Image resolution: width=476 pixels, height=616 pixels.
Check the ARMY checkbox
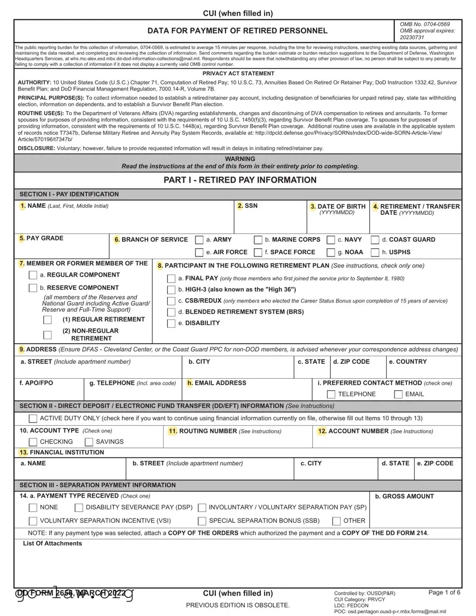tap(199, 240)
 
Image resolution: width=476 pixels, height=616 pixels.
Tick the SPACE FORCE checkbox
tap(258, 253)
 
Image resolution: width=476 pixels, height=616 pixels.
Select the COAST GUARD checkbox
tap(375, 240)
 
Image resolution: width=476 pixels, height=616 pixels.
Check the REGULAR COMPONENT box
tap(33, 275)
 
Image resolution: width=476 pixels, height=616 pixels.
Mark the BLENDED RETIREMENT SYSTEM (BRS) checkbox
tap(171, 312)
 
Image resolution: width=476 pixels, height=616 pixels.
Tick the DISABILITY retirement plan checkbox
tap(171, 323)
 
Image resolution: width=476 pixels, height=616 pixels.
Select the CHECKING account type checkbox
tap(33, 442)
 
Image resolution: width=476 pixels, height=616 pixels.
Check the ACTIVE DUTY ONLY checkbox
tap(33, 419)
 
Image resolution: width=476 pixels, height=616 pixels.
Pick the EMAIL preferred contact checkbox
tap(398, 395)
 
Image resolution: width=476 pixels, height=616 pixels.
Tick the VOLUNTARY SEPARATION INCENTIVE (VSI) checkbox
tap(33, 521)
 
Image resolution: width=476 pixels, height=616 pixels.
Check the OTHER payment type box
tap(337, 521)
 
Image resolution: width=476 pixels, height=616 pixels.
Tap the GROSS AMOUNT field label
tap(404, 497)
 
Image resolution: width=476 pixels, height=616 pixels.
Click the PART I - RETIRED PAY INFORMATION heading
tap(240, 180)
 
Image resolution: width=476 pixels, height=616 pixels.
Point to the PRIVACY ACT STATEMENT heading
tap(238, 73)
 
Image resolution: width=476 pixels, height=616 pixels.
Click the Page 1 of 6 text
tap(444, 592)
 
